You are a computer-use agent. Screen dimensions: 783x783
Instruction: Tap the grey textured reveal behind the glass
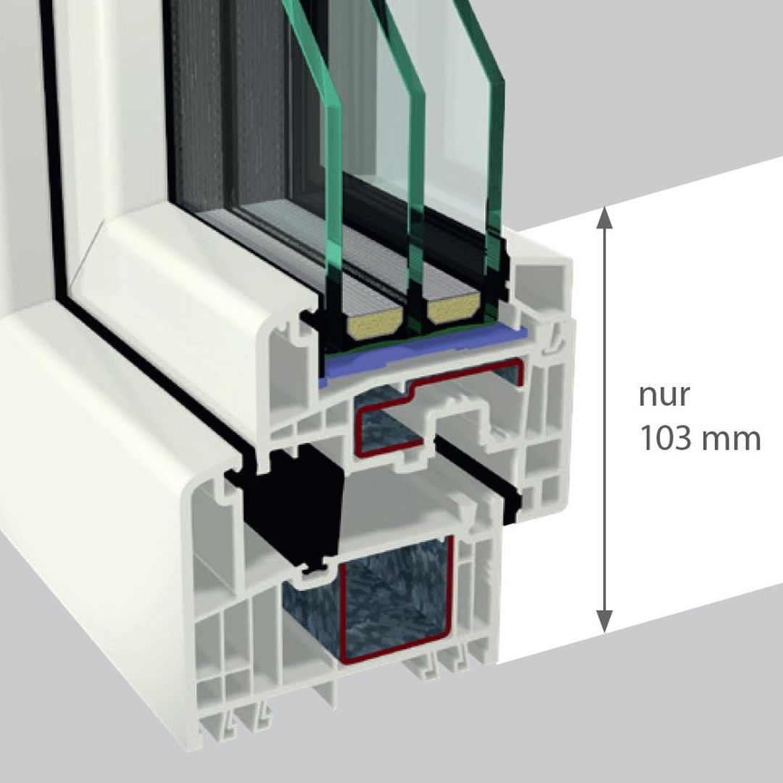click(x=217, y=109)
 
